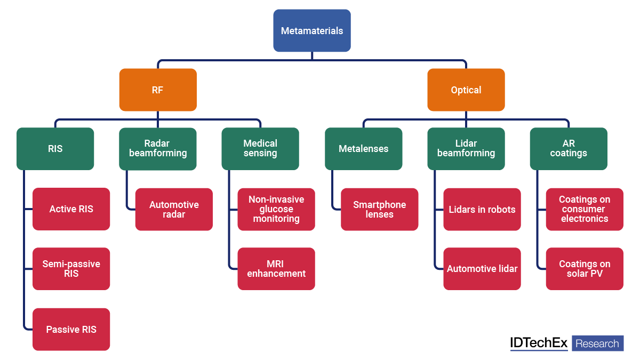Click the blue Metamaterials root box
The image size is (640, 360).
point(312,30)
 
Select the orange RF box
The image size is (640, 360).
point(158,90)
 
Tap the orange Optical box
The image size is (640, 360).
point(466,90)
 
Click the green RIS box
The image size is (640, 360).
point(55,149)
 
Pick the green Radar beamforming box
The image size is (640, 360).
point(158,149)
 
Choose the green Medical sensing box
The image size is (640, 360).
point(260,149)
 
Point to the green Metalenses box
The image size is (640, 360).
point(364,149)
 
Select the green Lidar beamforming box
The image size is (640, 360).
point(466,149)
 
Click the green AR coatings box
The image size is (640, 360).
point(569,149)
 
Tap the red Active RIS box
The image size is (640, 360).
point(71,209)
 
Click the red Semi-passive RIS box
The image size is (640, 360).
point(71,269)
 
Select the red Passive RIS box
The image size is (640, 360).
point(71,329)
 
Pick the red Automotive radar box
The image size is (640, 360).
point(174,209)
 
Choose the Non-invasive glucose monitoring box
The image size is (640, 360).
point(276,209)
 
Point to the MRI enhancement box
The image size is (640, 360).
point(276,269)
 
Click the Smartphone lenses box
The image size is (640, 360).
point(380,209)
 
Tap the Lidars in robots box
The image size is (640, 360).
point(482,209)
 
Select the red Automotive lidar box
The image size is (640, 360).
point(482,269)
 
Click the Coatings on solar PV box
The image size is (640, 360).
point(585,269)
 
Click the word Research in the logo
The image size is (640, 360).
point(597,343)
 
